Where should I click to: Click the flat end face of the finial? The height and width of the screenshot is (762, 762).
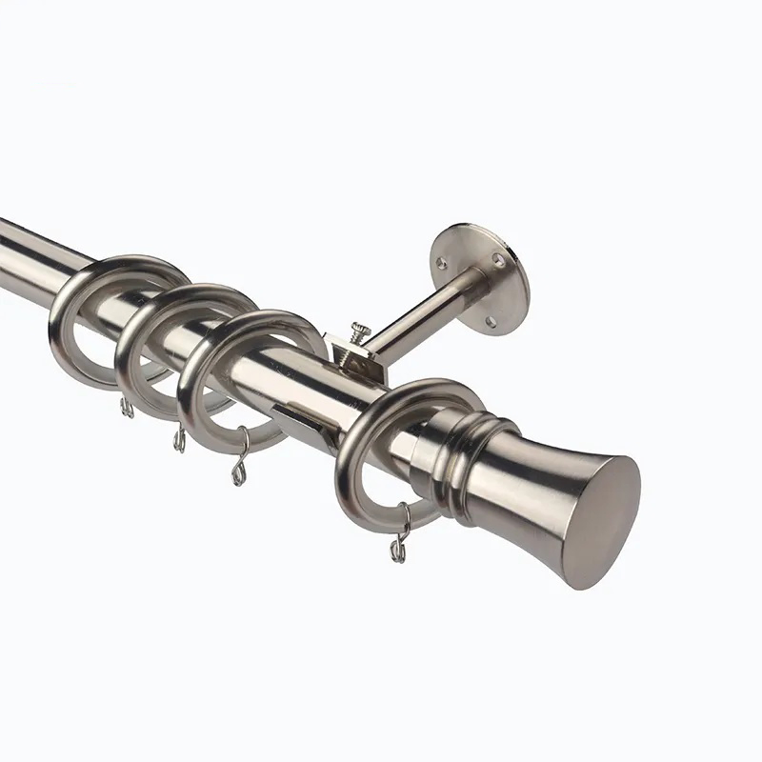tap(607, 525)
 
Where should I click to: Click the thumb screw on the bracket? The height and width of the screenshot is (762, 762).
tap(360, 329)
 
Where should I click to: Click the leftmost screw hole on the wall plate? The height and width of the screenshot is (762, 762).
tap(440, 260)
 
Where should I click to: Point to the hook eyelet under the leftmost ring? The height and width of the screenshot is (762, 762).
tap(125, 408)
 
